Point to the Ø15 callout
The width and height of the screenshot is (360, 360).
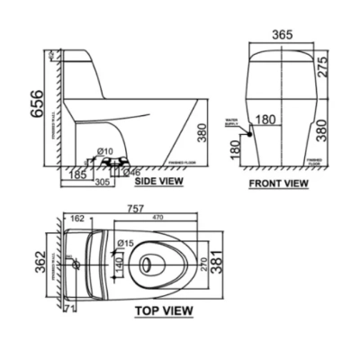[123, 243]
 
